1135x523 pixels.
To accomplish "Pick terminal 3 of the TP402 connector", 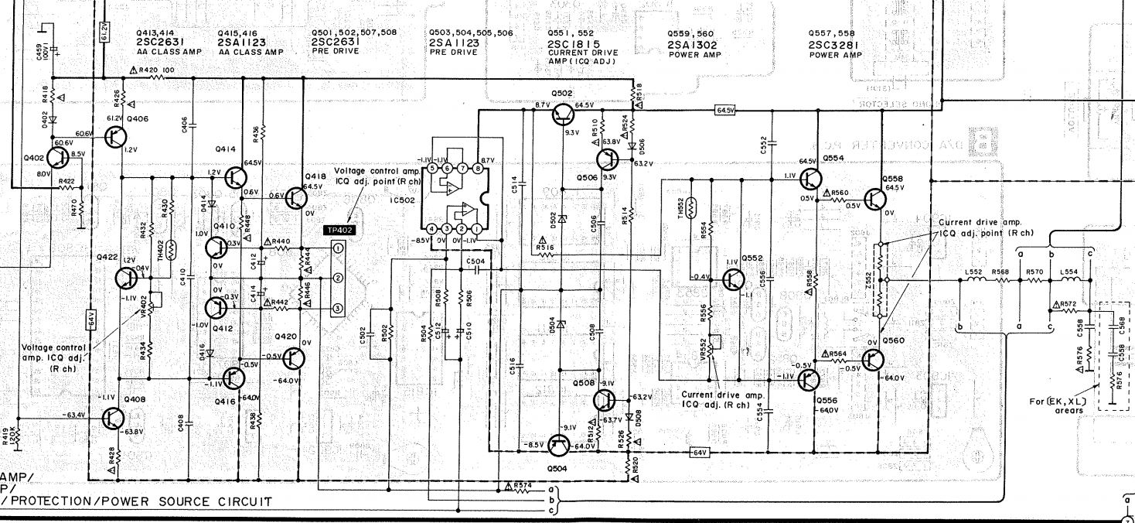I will coord(337,309).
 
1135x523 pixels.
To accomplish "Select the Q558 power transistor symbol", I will coord(874,200).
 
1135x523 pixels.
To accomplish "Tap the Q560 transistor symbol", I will coord(874,360).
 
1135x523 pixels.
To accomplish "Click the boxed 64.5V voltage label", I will coord(724,111).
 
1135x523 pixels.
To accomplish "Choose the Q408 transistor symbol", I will coord(113,418).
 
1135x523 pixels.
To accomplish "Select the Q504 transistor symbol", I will coord(558,445).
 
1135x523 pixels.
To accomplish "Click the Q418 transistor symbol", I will coord(295,198).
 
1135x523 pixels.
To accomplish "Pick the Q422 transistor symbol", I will coord(126,279).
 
